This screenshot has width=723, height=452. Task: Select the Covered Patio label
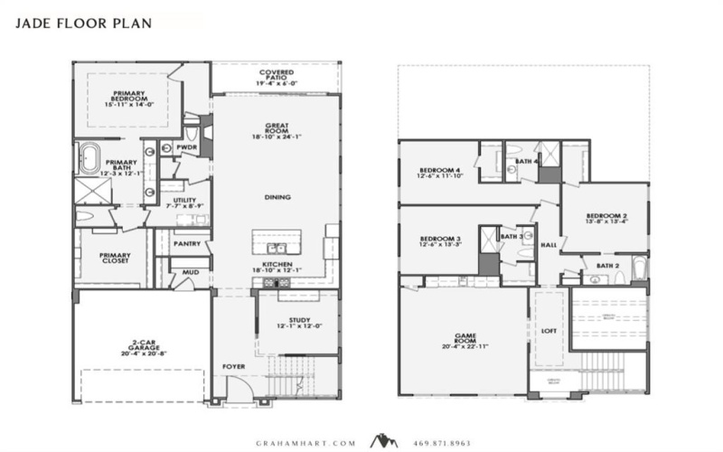point(277,76)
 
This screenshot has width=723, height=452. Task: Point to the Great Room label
point(276,130)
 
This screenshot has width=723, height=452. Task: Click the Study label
point(299,322)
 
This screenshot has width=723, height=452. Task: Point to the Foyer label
point(234,366)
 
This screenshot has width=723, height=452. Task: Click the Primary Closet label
point(113,259)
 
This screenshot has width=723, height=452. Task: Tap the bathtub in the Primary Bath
point(91,158)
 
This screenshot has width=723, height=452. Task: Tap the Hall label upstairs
point(548,244)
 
